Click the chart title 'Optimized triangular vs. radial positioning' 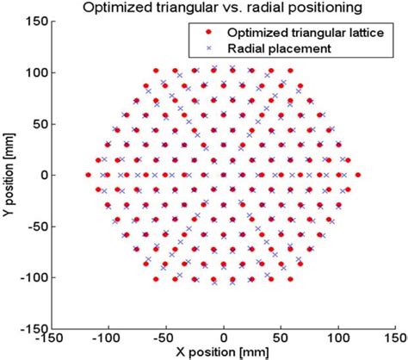[222, 8]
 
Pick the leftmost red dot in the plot [88, 175]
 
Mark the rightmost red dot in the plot [358, 175]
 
